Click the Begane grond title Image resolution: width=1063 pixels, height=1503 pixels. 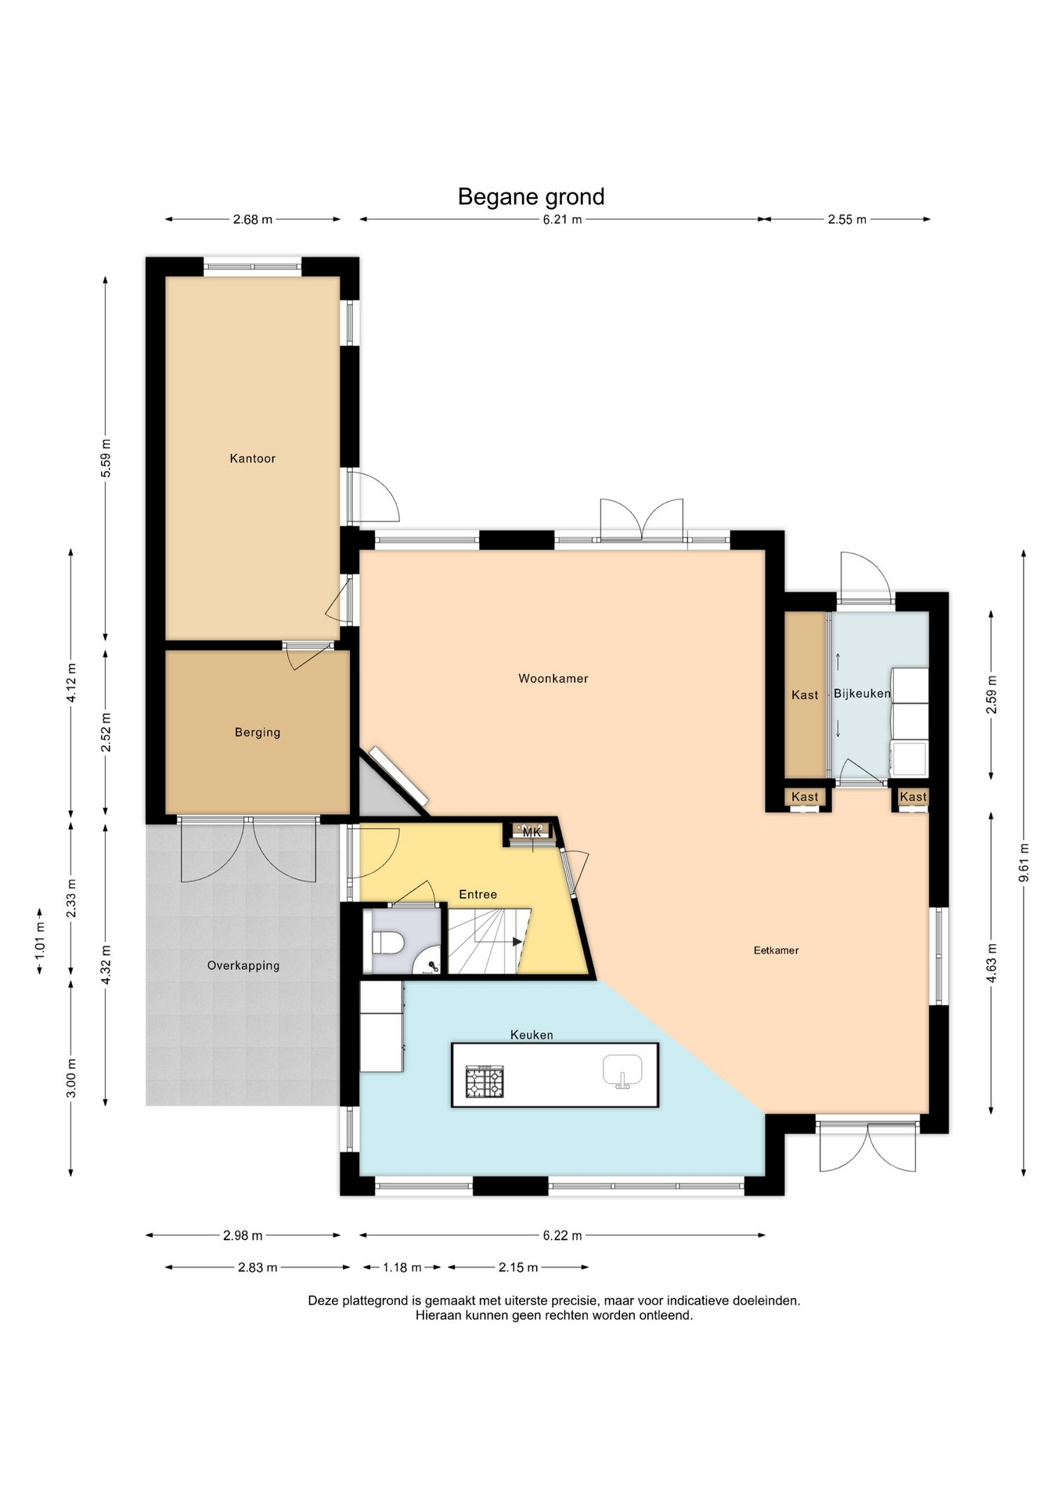coord(531,196)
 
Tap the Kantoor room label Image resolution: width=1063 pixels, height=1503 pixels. coord(252,459)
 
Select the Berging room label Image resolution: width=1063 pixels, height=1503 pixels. coord(258,733)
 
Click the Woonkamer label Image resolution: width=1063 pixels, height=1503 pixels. coord(553,679)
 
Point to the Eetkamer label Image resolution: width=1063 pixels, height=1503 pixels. coord(776,950)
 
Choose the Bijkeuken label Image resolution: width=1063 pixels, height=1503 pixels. coord(862,694)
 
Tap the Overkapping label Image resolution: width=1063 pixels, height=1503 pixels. coord(243,966)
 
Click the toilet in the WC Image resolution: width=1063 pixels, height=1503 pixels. coord(387,942)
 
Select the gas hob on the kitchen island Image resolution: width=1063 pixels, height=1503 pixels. coord(485,1081)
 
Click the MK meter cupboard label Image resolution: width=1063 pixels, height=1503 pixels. coord(532,833)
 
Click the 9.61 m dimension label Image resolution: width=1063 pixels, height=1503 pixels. coord(1024,863)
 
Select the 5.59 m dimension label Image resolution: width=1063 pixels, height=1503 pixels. coord(106,458)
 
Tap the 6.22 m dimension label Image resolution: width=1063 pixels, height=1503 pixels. coord(562,1235)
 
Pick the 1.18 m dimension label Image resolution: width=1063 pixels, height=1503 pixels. coord(402,1267)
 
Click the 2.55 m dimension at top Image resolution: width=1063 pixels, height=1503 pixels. coord(847,219)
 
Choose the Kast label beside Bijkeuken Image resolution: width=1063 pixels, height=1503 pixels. coord(805,695)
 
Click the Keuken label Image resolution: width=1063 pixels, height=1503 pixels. coord(531,1035)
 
